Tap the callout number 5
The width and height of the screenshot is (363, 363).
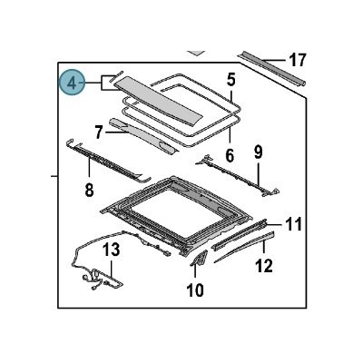pyautogui.click(x=231, y=80)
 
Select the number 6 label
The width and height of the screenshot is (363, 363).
pyautogui.click(x=231, y=155)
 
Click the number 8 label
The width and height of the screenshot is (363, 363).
pyautogui.click(x=89, y=190)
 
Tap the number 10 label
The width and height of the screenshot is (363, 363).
pyautogui.click(x=195, y=289)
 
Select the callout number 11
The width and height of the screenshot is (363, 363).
pyautogui.click(x=293, y=223)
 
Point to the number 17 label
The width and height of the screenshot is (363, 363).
pyautogui.click(x=298, y=62)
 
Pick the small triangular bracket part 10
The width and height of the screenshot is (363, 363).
pyautogui.click(x=199, y=262)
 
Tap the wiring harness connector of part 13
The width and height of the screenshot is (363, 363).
pyautogui.click(x=95, y=278)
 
